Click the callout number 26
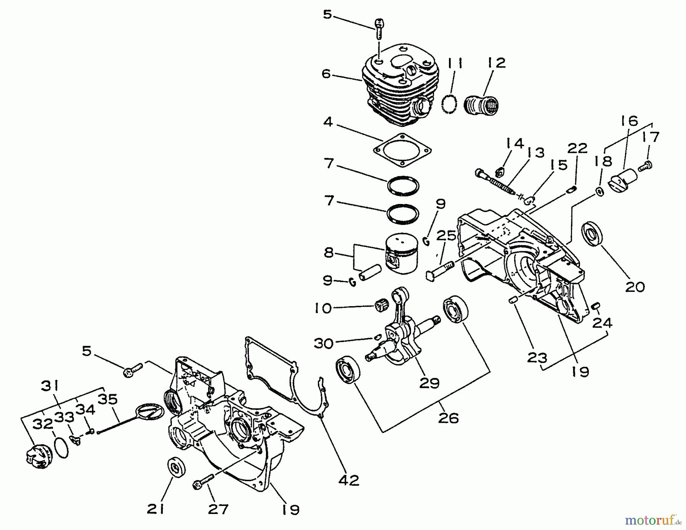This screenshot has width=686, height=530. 448,418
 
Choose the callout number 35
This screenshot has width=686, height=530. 108,399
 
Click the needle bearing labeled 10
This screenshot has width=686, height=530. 379,305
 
